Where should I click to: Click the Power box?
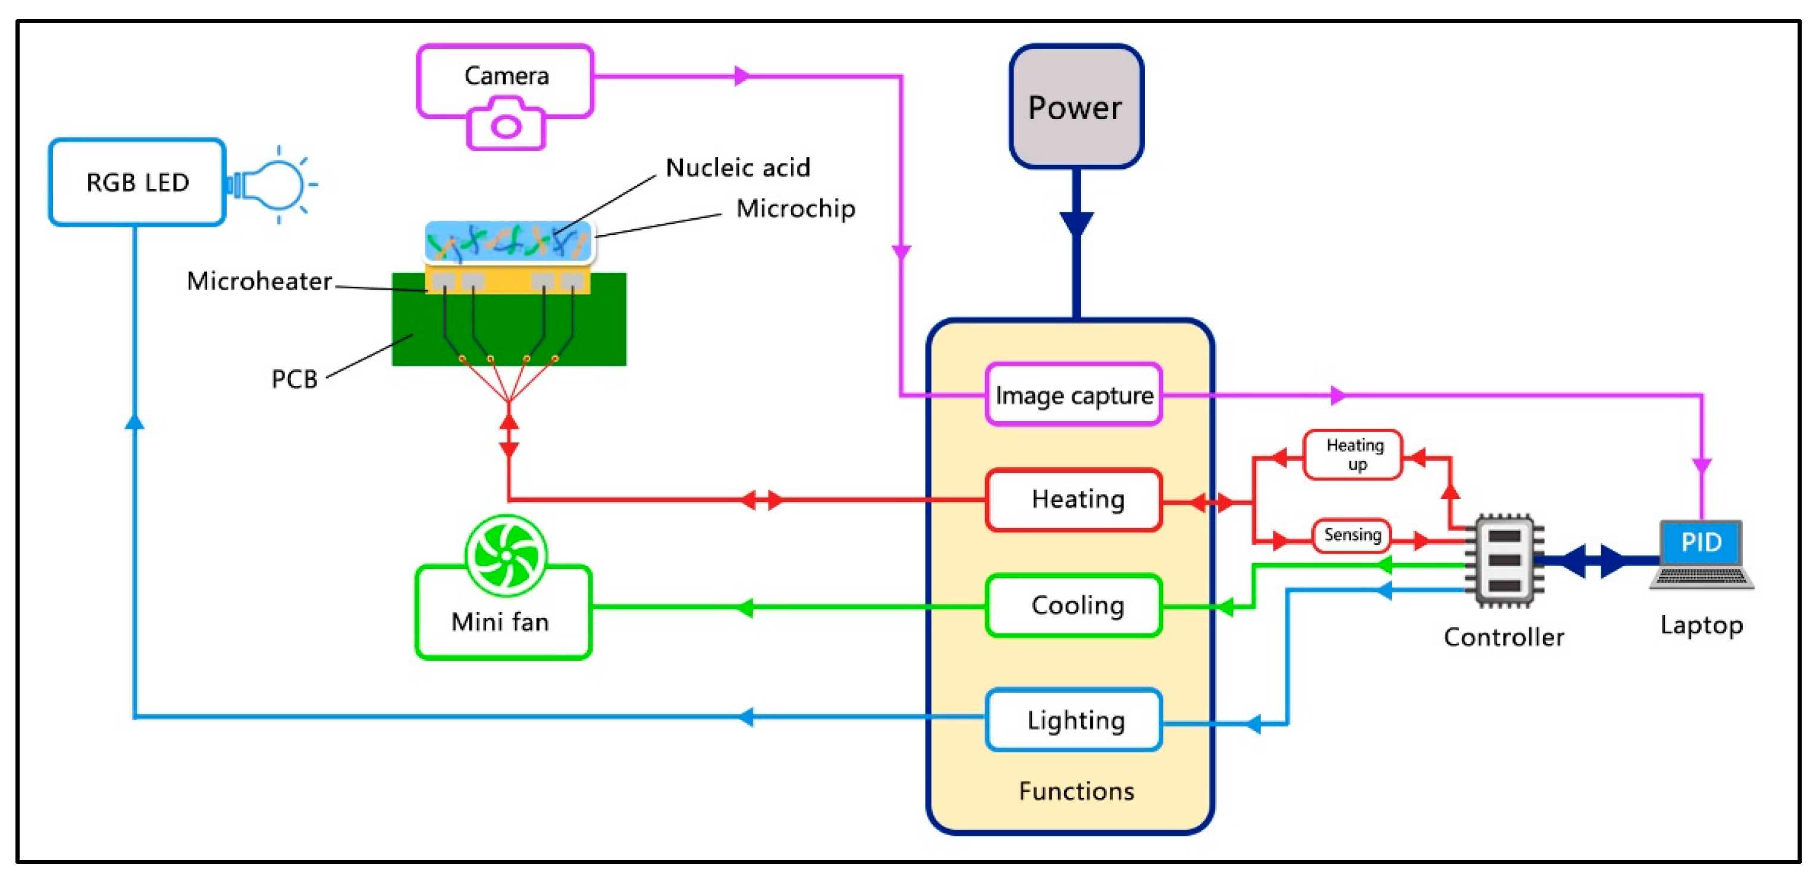click(x=1076, y=107)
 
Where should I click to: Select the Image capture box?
click(x=1073, y=395)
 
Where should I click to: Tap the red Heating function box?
click(x=1073, y=499)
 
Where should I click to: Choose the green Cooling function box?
click(x=1073, y=605)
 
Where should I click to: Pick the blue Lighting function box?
click(x=1073, y=720)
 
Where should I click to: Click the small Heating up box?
click(x=1354, y=454)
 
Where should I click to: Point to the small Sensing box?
click(x=1351, y=535)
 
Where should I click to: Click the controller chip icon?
click(x=1504, y=561)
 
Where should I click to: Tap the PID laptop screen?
click(x=1701, y=542)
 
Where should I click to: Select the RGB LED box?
click(x=137, y=183)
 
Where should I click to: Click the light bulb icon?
click(x=275, y=185)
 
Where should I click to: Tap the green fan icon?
click(x=506, y=555)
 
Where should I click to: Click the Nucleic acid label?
click(x=738, y=168)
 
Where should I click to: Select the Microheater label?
click(x=259, y=281)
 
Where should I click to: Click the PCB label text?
click(x=294, y=379)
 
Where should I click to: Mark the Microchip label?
click(x=795, y=209)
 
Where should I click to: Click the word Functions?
click(x=1076, y=791)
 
